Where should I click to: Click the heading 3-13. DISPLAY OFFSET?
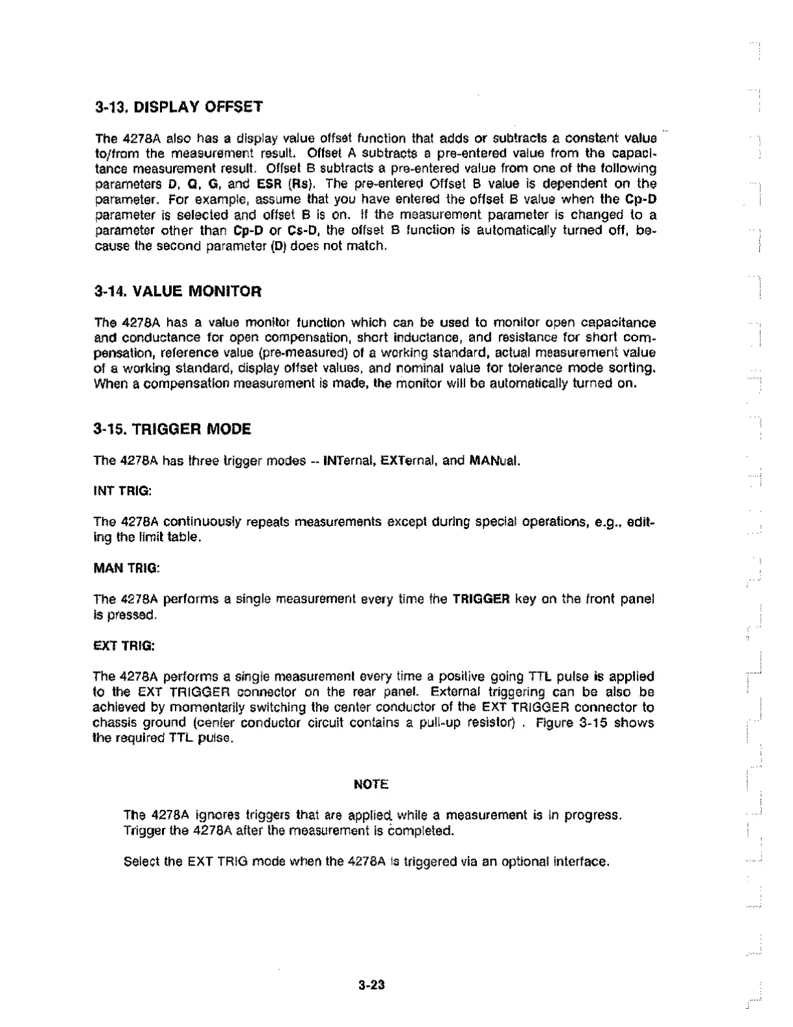(179, 106)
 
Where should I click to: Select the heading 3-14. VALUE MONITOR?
(178, 291)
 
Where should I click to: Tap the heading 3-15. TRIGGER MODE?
(172, 429)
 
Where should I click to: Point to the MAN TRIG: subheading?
(126, 568)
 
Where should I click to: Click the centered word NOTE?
(371, 785)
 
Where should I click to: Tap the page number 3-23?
(371, 986)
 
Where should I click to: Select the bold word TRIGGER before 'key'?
(481, 598)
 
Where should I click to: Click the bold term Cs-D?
(304, 230)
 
